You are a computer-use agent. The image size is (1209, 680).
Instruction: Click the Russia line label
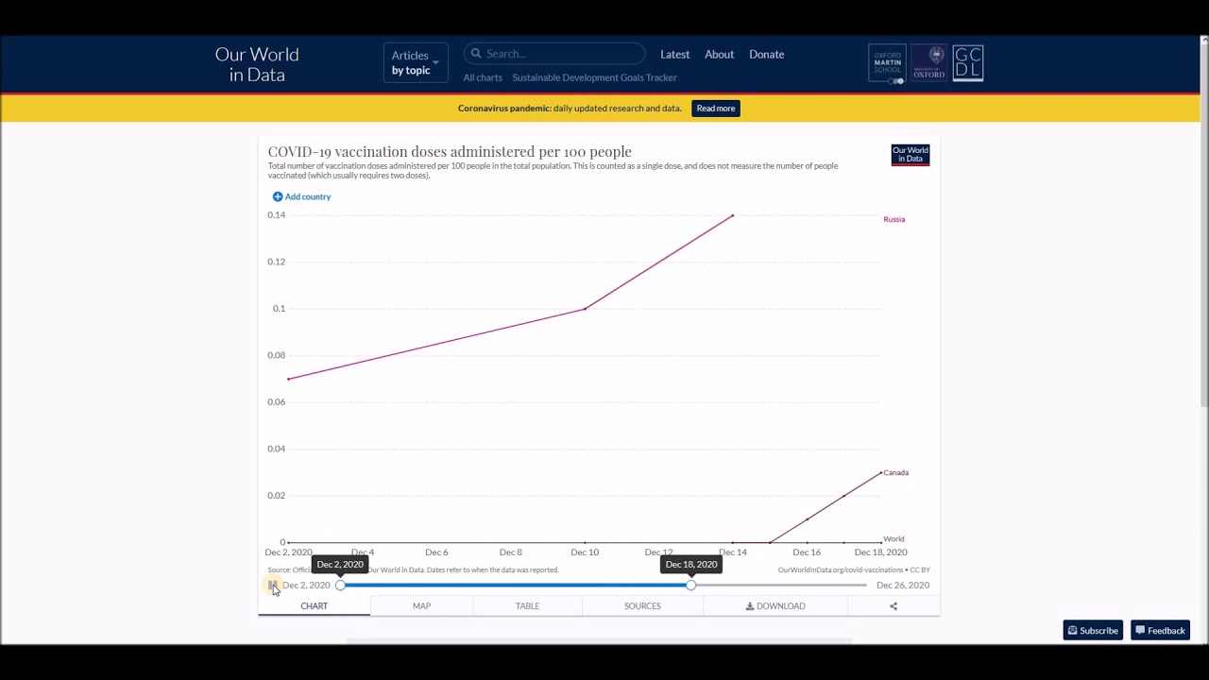894,219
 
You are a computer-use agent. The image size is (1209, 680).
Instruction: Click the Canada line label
895,472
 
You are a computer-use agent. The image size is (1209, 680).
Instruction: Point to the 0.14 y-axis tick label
276,215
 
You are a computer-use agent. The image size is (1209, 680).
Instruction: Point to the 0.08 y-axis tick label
276,355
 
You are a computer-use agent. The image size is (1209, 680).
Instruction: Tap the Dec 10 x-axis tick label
585,552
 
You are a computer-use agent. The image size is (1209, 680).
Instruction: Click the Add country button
301,196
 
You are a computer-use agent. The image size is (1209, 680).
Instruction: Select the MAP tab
421,606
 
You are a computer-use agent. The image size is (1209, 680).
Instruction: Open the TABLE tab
527,606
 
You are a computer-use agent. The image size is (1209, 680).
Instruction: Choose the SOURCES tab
642,606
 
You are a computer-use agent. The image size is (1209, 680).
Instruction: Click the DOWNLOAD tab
775,606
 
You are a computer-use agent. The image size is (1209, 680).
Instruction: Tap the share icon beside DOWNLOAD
894,606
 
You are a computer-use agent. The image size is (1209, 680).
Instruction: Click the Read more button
716,109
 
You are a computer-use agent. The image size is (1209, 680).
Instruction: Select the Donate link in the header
766,55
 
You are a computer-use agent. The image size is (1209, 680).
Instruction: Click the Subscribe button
1093,631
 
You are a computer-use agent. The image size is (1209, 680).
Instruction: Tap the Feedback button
1160,631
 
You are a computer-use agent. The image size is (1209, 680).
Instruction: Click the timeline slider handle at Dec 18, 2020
691,586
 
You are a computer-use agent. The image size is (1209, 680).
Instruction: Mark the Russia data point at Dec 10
585,309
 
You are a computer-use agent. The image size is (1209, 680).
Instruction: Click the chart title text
450,152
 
